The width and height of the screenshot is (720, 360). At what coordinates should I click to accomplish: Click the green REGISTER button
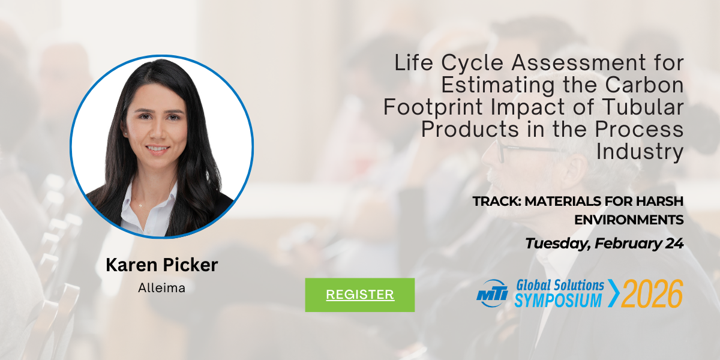pyautogui.click(x=359, y=295)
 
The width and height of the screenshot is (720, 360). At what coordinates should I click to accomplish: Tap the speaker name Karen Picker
pyautogui.click(x=162, y=265)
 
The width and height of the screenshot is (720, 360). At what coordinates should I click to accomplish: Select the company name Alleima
pyautogui.click(x=161, y=287)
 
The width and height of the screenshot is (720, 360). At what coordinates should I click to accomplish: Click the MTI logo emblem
pyautogui.click(x=493, y=293)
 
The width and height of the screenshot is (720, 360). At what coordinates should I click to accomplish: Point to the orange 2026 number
pyautogui.click(x=652, y=293)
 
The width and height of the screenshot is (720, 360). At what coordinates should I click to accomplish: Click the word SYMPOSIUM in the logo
pyautogui.click(x=558, y=300)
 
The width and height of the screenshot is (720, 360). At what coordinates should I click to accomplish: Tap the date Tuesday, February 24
pyautogui.click(x=604, y=244)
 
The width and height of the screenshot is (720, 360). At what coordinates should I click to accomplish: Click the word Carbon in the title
pyautogui.click(x=644, y=85)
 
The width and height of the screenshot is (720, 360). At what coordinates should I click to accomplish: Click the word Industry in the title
pyautogui.click(x=640, y=151)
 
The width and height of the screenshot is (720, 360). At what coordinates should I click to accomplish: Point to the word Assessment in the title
pyautogui.click(x=578, y=62)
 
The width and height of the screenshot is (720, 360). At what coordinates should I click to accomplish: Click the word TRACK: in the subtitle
pyautogui.click(x=497, y=202)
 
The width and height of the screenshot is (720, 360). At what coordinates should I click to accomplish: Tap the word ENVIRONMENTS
pyautogui.click(x=629, y=220)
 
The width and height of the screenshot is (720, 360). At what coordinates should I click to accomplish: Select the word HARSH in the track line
pyautogui.click(x=659, y=202)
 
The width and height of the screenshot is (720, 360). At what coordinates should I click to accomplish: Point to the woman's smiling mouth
pyautogui.click(x=157, y=149)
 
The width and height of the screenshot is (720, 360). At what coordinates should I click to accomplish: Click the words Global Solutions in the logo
pyautogui.click(x=560, y=286)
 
